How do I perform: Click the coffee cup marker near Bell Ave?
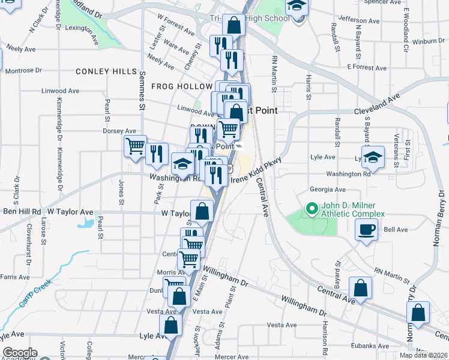coord(366,229)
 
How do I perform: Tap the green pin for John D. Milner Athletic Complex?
coord(311,209)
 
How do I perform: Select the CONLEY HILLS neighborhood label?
coord(106,71)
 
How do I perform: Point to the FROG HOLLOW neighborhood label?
coord(178,86)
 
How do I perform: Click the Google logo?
coord(20,353)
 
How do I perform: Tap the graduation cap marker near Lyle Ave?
coord(373,157)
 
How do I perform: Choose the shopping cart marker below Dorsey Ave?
coord(135,145)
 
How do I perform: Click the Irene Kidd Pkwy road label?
coord(265,170)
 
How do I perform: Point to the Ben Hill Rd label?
coord(22,212)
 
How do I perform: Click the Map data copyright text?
coord(424,355)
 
